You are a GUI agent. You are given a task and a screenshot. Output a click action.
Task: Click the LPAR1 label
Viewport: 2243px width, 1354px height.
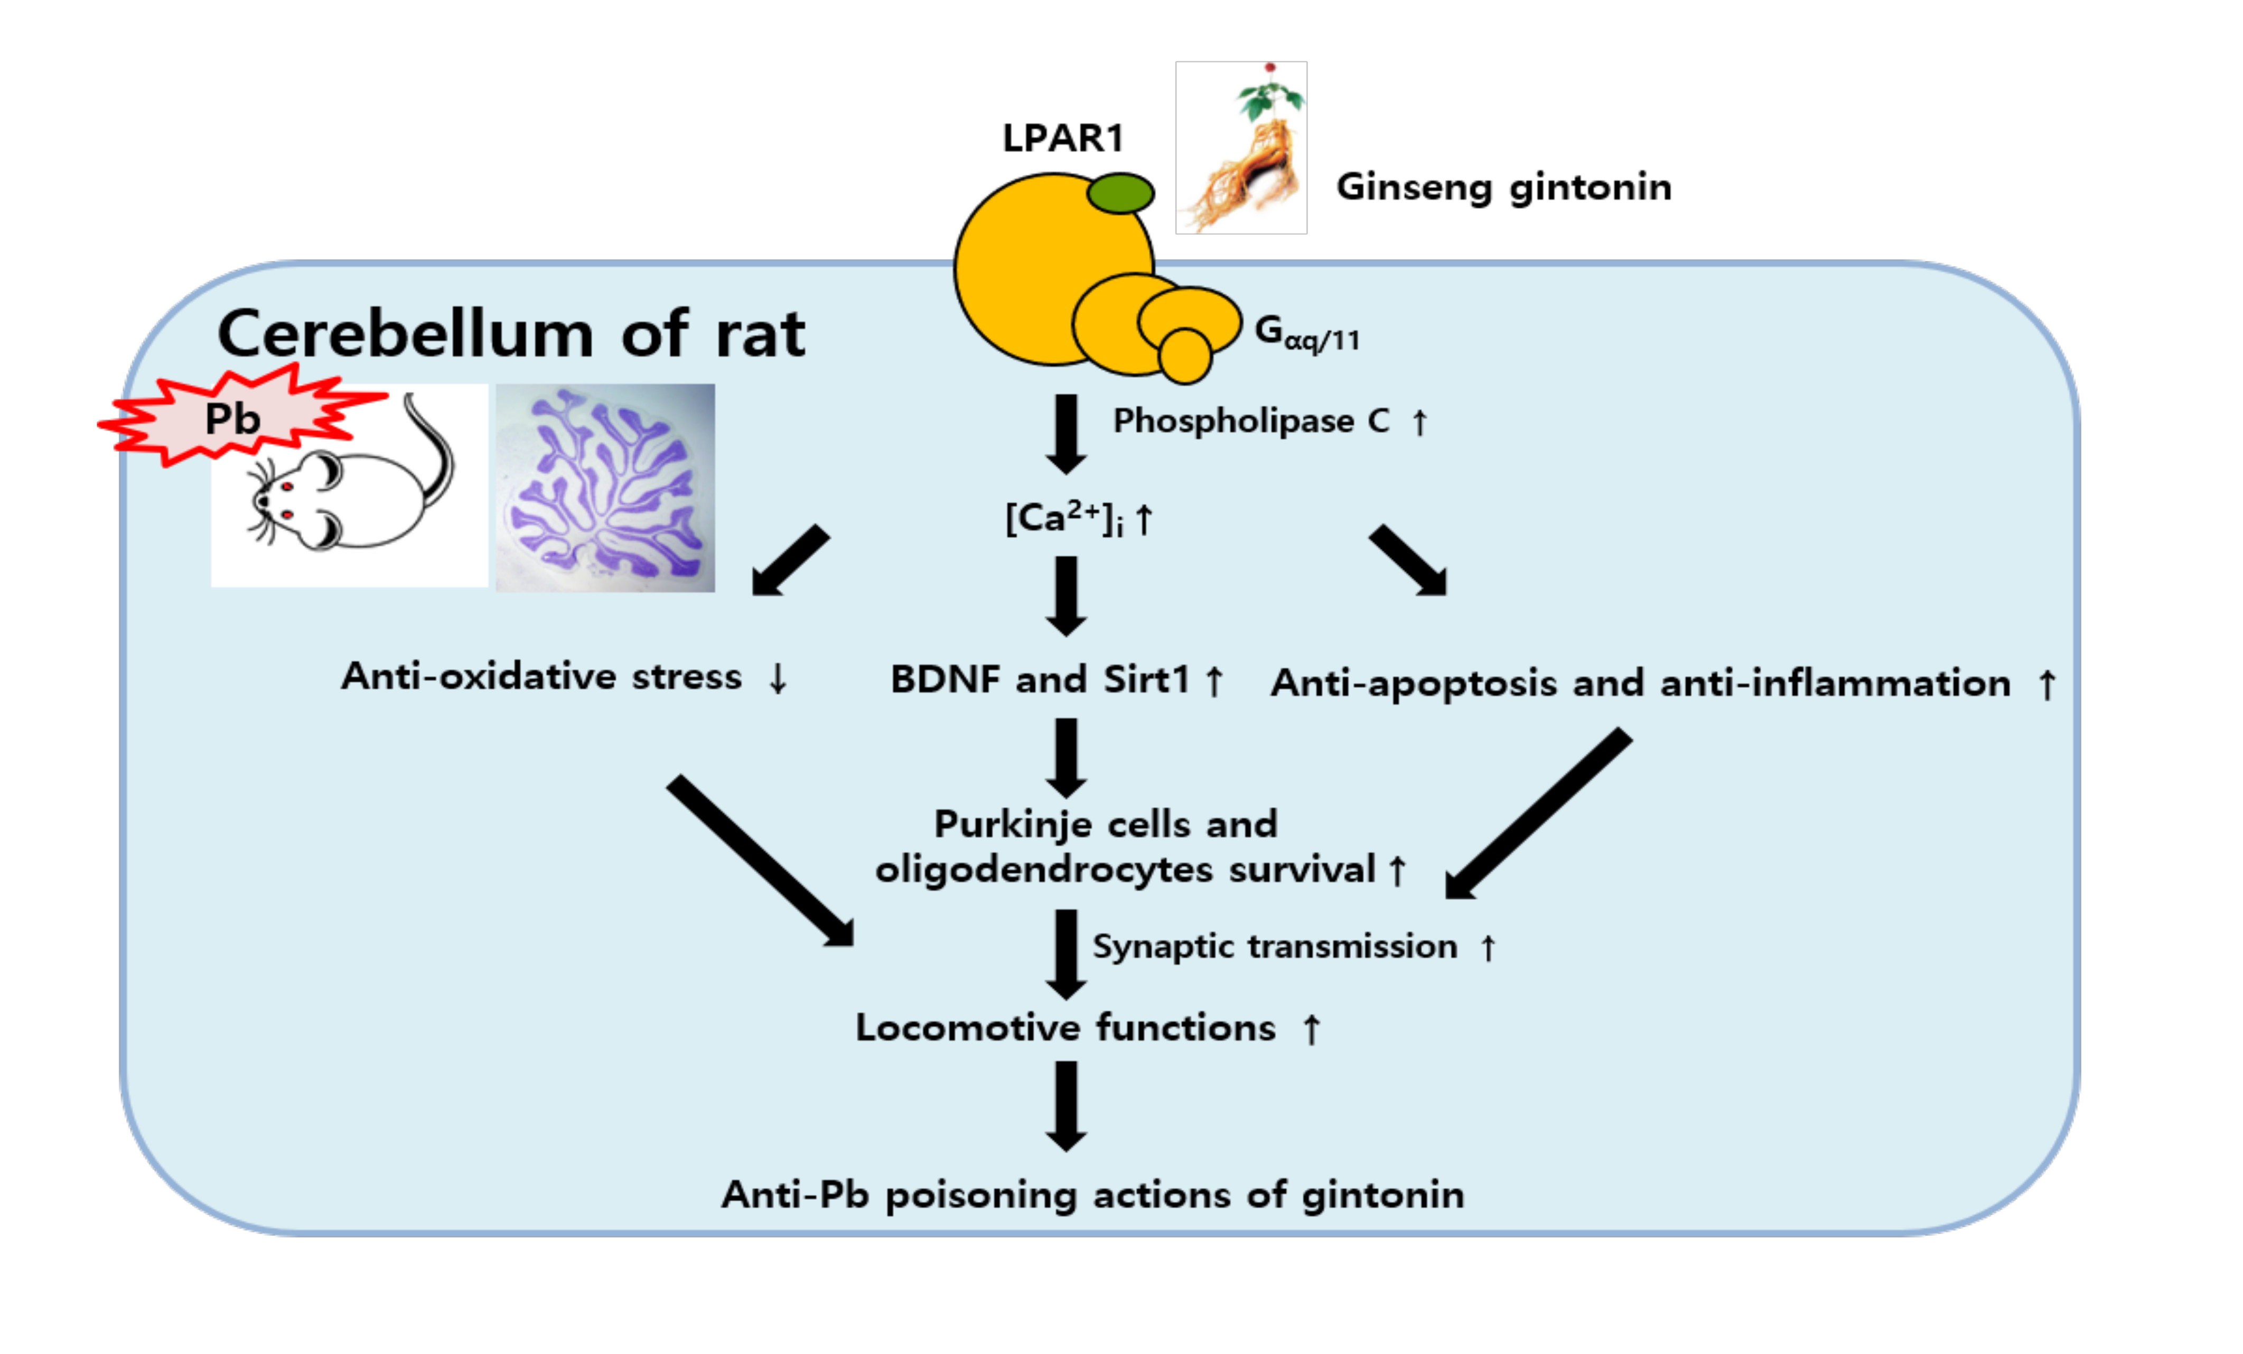[x=1062, y=138]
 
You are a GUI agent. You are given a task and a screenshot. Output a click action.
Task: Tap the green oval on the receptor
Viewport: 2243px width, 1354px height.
[x=1120, y=193]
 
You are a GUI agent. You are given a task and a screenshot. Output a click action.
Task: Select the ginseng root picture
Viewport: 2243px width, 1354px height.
[x=1241, y=147]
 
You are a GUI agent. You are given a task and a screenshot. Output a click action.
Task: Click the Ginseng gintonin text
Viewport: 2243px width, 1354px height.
[x=1503, y=188]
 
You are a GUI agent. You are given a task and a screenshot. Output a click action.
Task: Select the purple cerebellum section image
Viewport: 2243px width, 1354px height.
[x=605, y=488]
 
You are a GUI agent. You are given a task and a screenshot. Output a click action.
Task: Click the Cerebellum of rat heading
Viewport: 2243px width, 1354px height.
[x=511, y=334]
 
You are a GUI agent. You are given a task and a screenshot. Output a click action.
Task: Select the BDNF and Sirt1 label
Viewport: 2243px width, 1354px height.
[x=1041, y=679]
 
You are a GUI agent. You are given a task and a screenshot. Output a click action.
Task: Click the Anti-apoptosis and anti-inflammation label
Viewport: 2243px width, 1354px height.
[x=1640, y=683]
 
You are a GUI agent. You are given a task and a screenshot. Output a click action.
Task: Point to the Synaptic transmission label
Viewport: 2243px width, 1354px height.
[x=1274, y=947]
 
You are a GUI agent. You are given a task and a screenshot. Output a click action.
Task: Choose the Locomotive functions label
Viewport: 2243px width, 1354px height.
[x=1065, y=1028]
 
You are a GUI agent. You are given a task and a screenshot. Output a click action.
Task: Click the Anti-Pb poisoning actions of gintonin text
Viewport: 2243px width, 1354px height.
[x=1092, y=1194]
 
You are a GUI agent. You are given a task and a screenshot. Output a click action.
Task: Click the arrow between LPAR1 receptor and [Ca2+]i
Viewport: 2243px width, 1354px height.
[x=1066, y=433]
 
